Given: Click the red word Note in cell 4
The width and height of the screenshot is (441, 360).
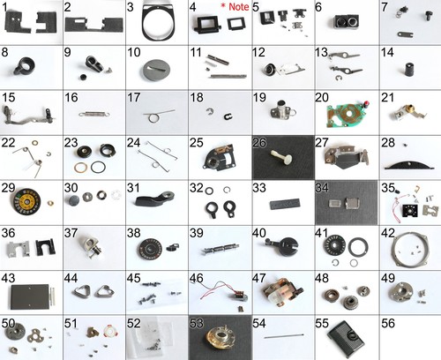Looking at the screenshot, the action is pos(239,7).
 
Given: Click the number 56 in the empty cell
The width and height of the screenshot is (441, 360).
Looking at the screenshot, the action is pos(388,323).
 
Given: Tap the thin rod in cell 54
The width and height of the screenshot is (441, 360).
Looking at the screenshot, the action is pos(284,335).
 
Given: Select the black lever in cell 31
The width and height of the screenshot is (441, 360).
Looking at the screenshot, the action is pos(154,199).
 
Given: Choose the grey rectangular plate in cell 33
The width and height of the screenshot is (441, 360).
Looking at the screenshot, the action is pos(285,204).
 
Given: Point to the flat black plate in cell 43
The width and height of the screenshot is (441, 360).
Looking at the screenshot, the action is pos(30,296).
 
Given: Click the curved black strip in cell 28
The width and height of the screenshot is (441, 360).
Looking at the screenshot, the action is pos(409,165).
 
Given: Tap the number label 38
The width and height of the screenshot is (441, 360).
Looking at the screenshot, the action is pos(134,233).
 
